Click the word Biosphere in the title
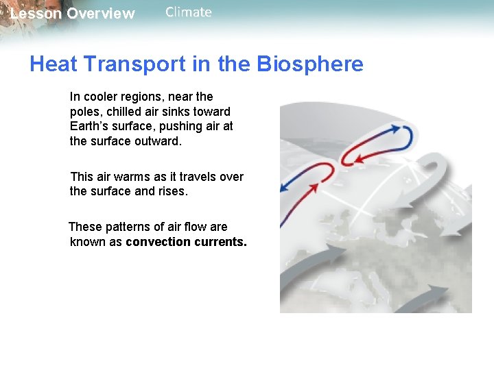(310, 64)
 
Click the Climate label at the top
(189, 12)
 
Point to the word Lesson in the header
(36, 14)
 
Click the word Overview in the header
(101, 14)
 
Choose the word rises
(172, 191)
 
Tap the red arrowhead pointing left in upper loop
(347, 161)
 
